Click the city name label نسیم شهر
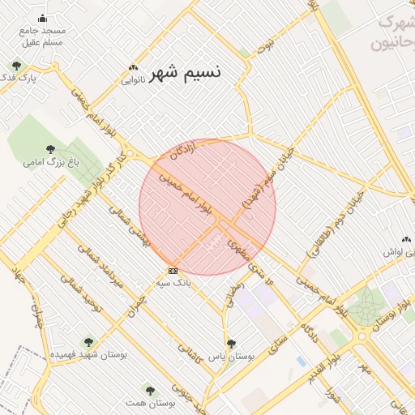(x=185, y=71)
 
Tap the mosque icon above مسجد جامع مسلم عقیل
(x=42, y=19)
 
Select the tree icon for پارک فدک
(x=16, y=66)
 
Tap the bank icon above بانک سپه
(x=172, y=271)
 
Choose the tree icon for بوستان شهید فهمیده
(x=88, y=342)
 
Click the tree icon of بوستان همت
(x=147, y=390)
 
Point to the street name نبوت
(x=261, y=46)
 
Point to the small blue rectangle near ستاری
(x=302, y=360)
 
